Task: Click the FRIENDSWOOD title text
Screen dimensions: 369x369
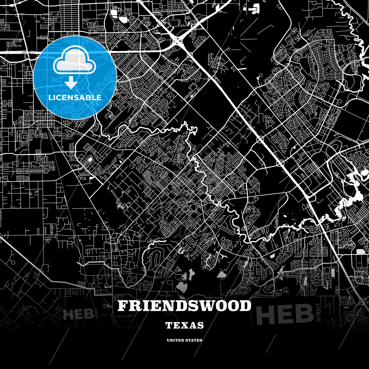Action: coord(184,306)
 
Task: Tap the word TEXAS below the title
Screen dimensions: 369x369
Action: coord(184,325)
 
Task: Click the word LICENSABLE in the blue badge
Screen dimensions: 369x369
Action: coord(75,98)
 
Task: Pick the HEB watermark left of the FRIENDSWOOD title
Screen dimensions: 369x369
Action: coord(78,314)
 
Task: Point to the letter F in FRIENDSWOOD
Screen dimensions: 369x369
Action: coord(122,306)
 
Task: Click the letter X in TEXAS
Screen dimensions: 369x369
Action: coord(184,325)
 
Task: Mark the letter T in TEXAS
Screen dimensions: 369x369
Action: coord(169,325)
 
